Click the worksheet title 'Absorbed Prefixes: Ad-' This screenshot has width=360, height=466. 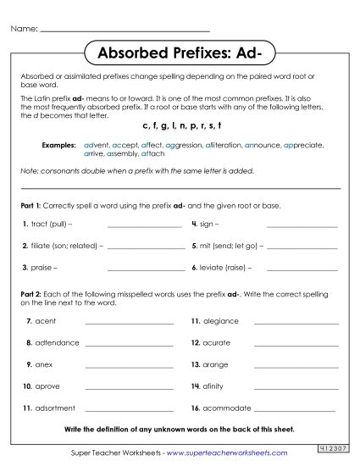tap(180, 53)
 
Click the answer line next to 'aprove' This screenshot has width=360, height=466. tap(122, 387)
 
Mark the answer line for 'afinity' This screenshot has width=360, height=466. tap(290, 387)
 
